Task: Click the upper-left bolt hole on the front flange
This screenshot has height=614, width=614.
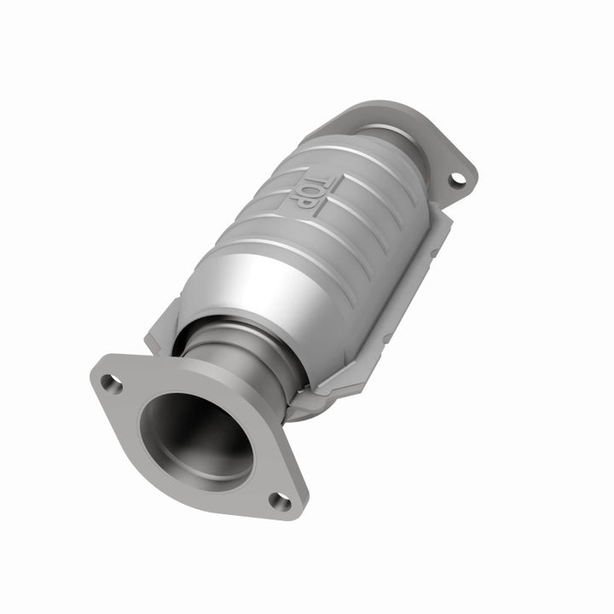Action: [x=111, y=383]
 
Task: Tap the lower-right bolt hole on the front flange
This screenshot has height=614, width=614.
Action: [x=280, y=501]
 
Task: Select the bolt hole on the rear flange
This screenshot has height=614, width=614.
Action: [x=458, y=179]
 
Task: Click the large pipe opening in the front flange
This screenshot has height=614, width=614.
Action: [x=196, y=431]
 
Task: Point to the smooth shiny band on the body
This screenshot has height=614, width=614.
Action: [x=256, y=281]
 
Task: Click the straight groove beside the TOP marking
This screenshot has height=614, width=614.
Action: [x=337, y=209]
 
